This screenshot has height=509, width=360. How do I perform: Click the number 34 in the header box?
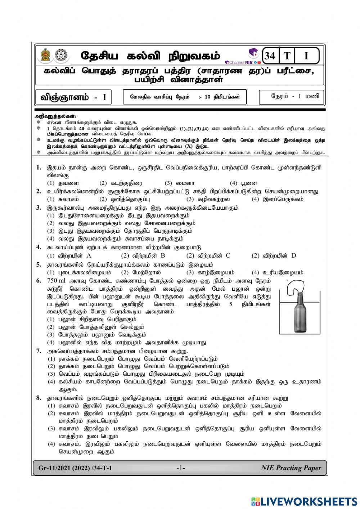tap(269, 56)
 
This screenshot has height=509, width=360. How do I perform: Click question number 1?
tap(39, 168)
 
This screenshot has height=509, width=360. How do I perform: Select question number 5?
tap(39, 264)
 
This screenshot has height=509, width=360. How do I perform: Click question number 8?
tap(39, 398)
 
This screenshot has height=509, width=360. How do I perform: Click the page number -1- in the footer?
tap(180, 468)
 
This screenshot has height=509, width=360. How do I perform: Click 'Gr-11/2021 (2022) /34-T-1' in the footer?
tap(75, 468)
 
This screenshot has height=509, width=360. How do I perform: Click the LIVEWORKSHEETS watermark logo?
tap(304, 501)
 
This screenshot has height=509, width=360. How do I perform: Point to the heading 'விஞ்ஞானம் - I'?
tap(73, 97)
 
